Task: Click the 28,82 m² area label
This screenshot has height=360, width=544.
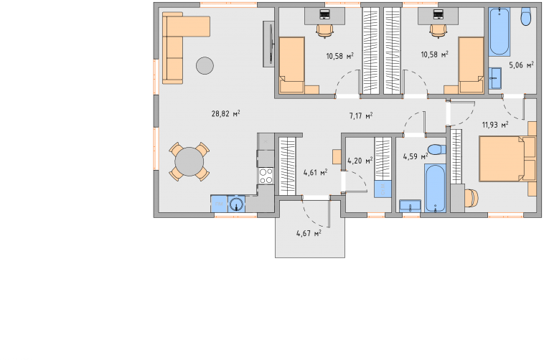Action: (226, 113)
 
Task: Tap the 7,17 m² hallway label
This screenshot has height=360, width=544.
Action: (361, 115)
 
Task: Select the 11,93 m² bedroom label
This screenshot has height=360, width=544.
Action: (495, 124)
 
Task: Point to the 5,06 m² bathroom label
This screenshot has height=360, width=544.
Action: (521, 65)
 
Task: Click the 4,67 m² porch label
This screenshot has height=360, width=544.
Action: (309, 233)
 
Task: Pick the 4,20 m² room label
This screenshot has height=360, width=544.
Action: (360, 161)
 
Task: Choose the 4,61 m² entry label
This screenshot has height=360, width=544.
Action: (315, 172)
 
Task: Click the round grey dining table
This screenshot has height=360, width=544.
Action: (189, 161)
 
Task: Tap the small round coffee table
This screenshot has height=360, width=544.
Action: (205, 65)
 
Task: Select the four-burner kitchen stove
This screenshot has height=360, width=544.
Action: (266, 176)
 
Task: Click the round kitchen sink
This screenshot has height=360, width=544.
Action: (237, 204)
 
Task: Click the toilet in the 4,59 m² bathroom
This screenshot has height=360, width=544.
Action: (437, 150)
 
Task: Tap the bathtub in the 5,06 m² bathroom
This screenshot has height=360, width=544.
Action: (500, 32)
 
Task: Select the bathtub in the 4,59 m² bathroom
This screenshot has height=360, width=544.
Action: (435, 189)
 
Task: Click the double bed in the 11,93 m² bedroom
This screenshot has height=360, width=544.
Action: (507, 158)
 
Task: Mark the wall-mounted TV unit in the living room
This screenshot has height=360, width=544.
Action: (269, 44)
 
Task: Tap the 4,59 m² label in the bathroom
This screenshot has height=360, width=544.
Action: (416, 157)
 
